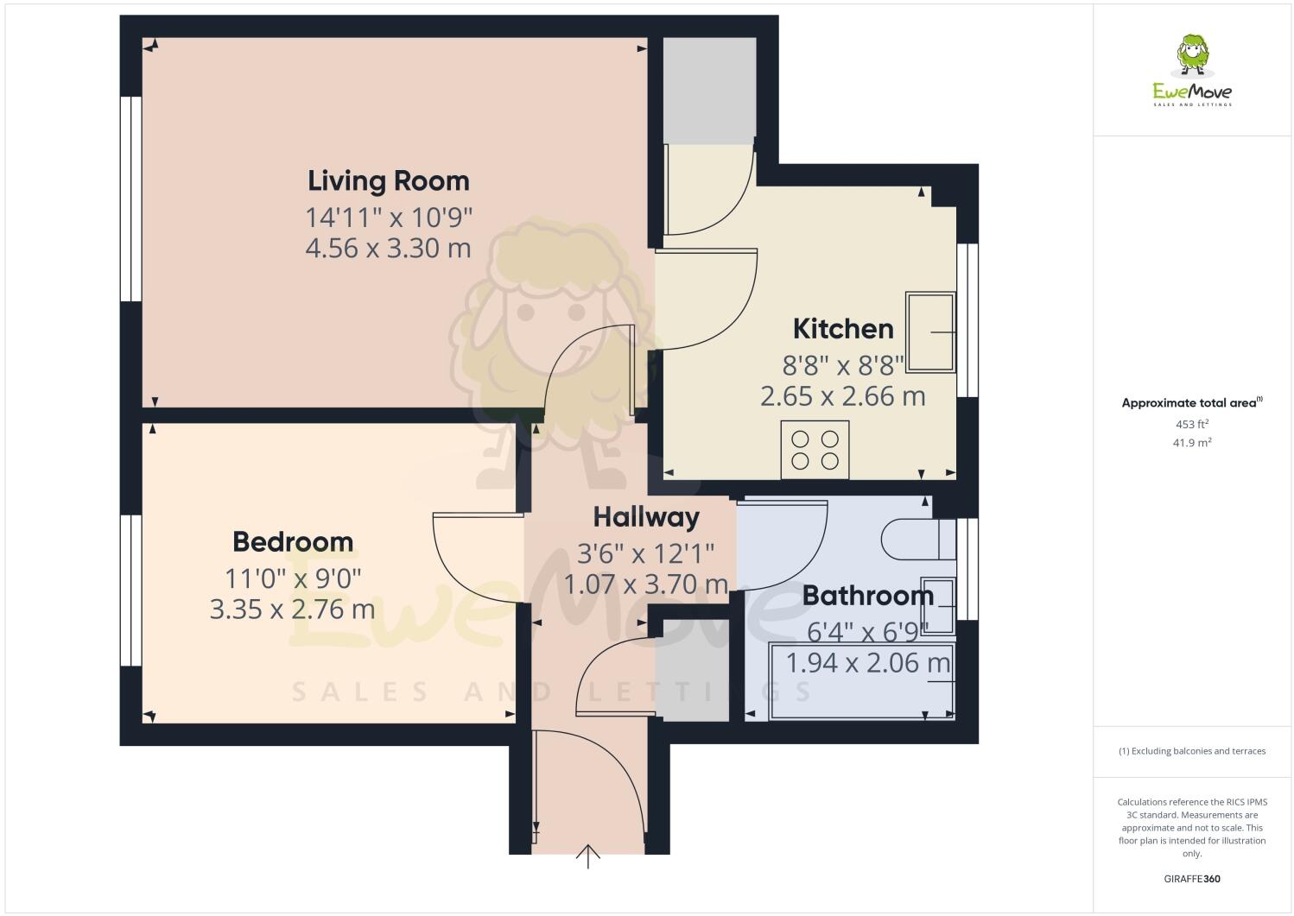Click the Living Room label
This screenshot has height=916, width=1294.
click(x=389, y=181)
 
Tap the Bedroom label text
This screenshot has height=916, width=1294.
click(x=293, y=542)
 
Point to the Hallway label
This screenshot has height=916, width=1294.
click(x=646, y=517)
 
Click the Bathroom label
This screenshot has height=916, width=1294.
click(x=867, y=596)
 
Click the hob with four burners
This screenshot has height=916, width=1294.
click(x=815, y=449)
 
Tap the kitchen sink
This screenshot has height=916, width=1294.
click(x=930, y=332)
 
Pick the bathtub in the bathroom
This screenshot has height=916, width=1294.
click(x=861, y=681)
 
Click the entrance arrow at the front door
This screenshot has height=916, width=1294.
click(x=588, y=856)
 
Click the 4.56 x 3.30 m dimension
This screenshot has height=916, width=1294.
click(x=389, y=249)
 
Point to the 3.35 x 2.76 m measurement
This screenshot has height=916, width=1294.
click(x=293, y=610)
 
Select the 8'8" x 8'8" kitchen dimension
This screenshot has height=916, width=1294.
click(x=843, y=363)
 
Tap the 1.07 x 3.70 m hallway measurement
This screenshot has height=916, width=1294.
click(x=646, y=584)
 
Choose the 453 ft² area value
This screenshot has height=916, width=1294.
click(x=1192, y=424)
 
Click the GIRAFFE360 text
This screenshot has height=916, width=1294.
click(x=1192, y=880)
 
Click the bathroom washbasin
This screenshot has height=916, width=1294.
click(x=937, y=606)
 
